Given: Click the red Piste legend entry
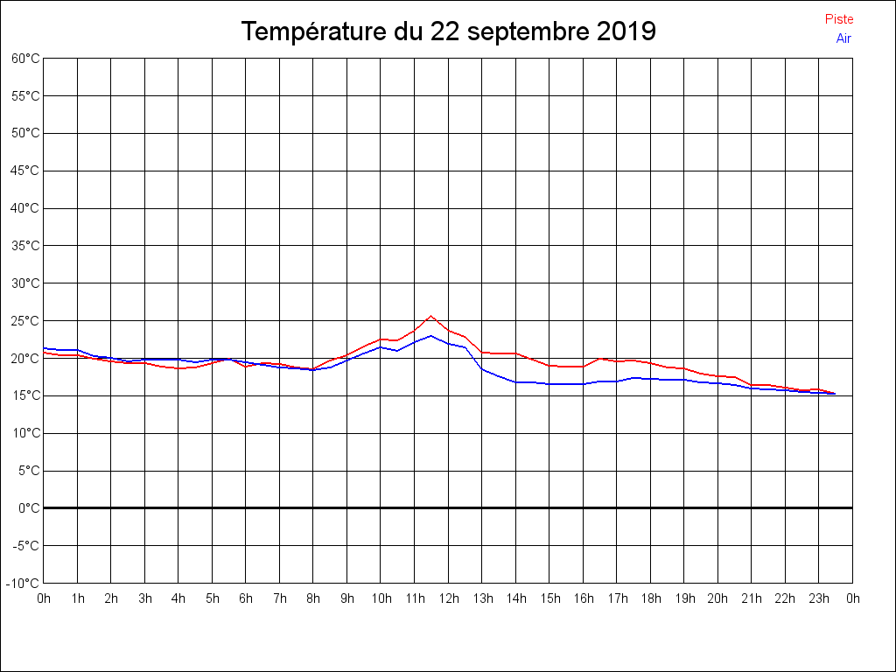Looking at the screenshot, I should coord(838,19).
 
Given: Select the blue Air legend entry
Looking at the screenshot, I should coord(843,38).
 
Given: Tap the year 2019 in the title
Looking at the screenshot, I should coord(626,32).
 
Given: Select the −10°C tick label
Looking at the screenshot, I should coord(24,583).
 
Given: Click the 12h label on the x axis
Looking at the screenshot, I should coord(449,598).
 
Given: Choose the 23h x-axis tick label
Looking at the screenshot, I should coord(819,598).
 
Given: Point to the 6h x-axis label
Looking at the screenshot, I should coord(246,598).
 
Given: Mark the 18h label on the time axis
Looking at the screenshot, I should coord(651,598).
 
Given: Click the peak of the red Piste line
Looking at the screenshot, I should coord(430,316).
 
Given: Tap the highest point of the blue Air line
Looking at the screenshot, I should coord(430,335).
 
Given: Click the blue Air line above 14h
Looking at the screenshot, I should coord(516,381).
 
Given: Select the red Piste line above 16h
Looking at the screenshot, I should coord(584,367).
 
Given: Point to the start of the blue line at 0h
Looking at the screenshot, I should coord(45,348).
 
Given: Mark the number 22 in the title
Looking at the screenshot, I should coord(443,32).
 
